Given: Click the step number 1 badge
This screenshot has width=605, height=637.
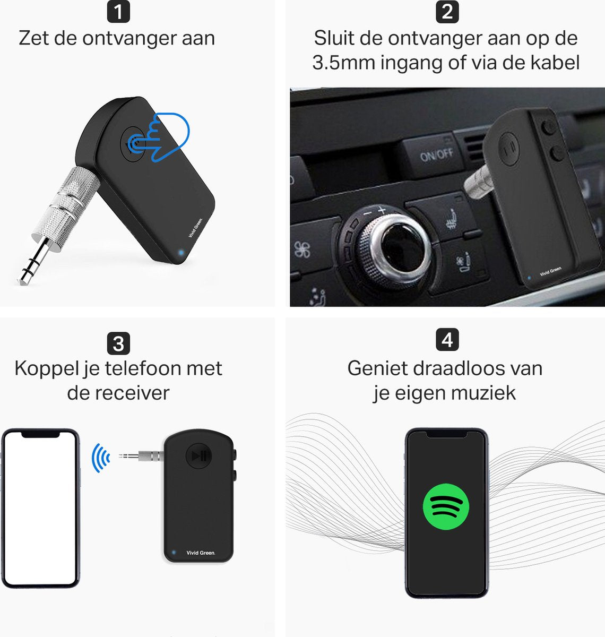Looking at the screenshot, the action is pos(118,11).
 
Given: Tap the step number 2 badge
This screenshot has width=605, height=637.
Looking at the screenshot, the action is pos(447,12).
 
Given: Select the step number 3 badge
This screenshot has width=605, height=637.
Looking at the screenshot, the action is pos(118,343).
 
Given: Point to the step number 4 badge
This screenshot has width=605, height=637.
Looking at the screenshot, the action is pos(447,340).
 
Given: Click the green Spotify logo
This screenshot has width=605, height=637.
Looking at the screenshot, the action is pos(446,506).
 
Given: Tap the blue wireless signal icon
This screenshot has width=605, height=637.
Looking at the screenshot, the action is pos(100,458).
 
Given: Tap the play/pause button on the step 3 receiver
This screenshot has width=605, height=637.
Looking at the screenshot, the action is pos(198,456).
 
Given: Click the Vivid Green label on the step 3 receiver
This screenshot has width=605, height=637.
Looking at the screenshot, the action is pos(201,553).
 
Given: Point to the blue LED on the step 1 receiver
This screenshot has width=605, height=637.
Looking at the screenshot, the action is pos(181,252).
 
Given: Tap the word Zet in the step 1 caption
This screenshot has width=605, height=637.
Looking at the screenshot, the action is pos(34,38).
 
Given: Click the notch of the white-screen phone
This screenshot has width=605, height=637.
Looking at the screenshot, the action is pos(40,434).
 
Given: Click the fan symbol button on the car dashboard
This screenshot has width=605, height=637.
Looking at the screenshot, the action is pos(302,250).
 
